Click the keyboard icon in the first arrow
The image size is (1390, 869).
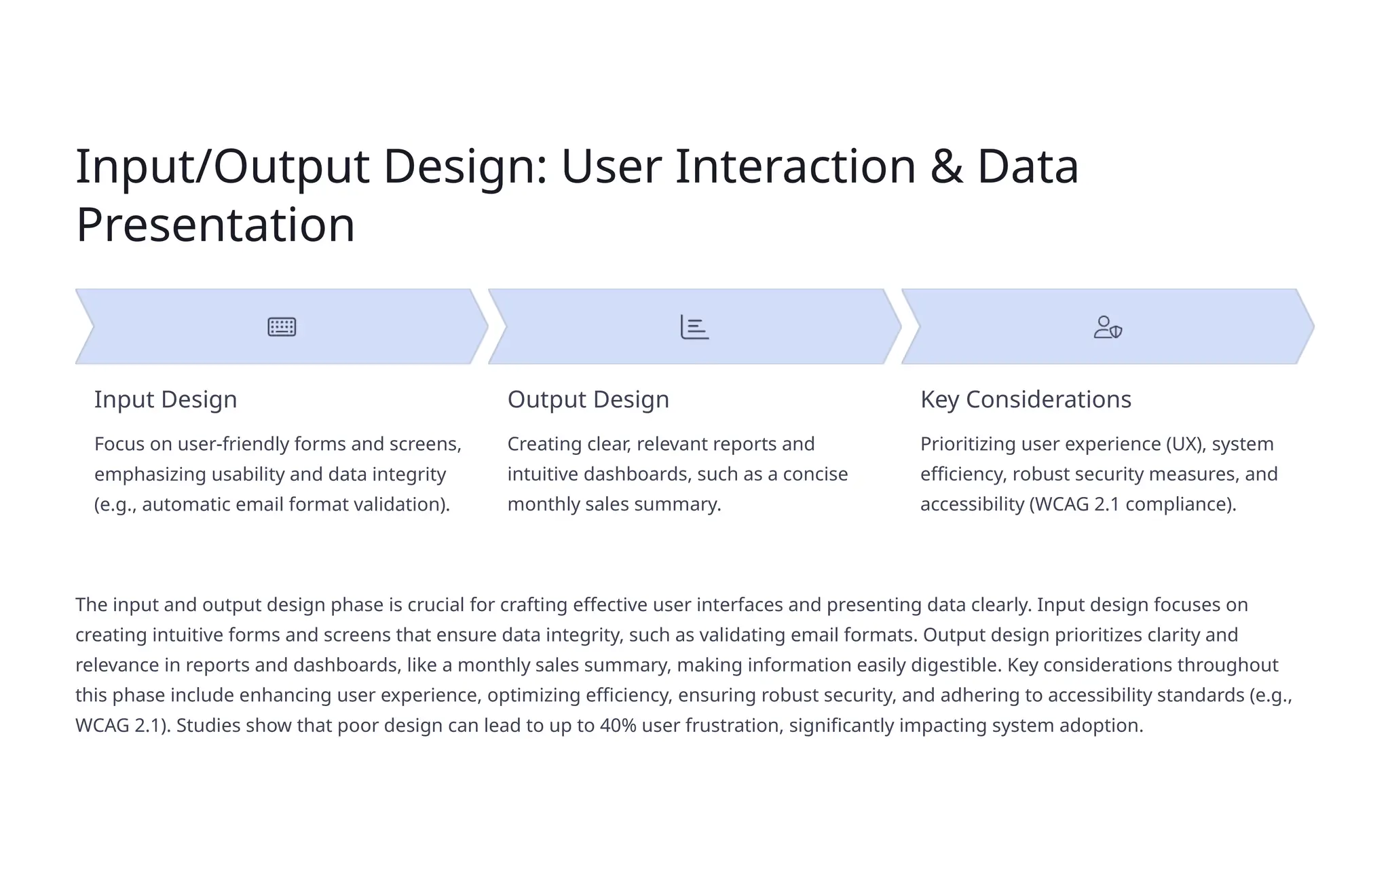click(282, 327)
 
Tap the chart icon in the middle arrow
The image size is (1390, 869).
click(694, 327)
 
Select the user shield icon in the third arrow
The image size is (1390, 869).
click(1108, 327)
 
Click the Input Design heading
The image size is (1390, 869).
click(166, 399)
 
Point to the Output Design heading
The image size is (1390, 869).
click(588, 399)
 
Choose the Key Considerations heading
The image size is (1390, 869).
click(1026, 399)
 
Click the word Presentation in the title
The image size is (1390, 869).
click(215, 225)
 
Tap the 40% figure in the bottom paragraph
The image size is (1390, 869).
click(618, 726)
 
